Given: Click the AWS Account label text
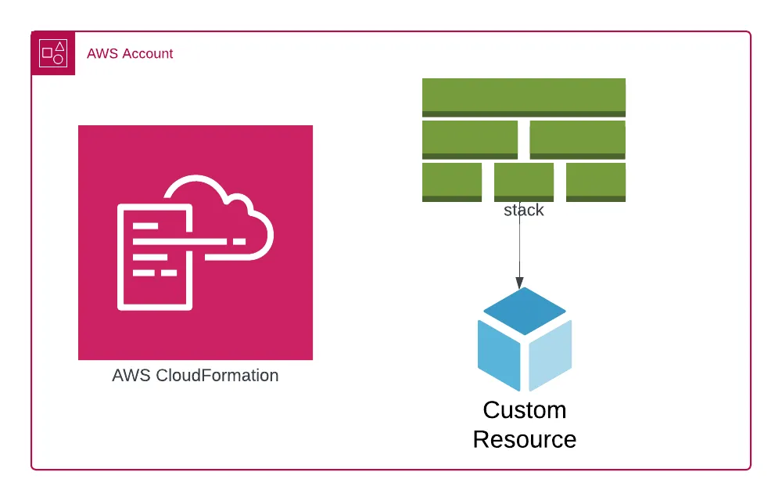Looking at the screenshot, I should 130,54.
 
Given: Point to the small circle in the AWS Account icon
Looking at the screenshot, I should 59,59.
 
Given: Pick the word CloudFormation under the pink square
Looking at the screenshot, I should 217,376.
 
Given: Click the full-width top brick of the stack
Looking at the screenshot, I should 523,97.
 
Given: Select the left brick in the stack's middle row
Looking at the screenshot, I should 470,139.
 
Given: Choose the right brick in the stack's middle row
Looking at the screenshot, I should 577,139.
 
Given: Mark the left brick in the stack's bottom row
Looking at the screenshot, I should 452,182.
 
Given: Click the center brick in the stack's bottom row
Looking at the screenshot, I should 523,182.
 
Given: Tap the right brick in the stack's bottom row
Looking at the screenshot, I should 595,182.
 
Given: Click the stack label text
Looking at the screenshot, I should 523,211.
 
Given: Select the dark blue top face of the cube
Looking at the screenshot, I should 524,310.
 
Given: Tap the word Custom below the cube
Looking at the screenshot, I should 524,410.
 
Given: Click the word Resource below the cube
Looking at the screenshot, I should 524,439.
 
